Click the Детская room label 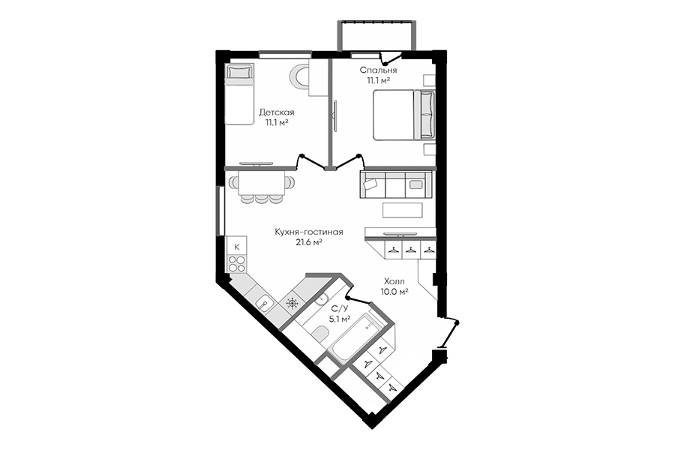point(276,112)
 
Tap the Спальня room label point(378,70)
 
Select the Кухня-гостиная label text point(309,232)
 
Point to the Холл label point(394,281)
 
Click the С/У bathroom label point(339,308)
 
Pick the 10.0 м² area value point(394,291)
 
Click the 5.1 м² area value point(339,319)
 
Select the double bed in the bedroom point(404,115)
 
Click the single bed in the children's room point(239,94)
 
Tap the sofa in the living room point(395,184)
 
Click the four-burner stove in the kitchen point(236,263)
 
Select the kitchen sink point(263,304)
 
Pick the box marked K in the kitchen point(236,247)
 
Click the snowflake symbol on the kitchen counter point(292,303)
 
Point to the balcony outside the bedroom point(377,35)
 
